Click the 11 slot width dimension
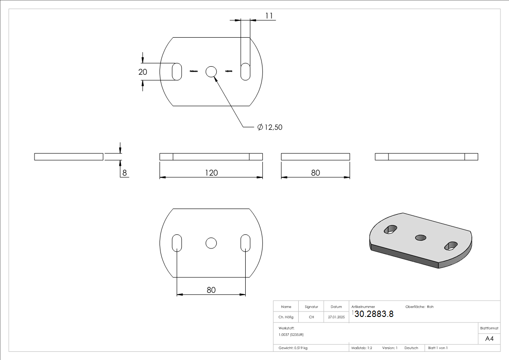pyautogui.click(x=269, y=16)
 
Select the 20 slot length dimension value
pyautogui.click(x=143, y=72)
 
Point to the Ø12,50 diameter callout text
pyautogui.click(x=270, y=127)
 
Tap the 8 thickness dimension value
pyautogui.click(x=123, y=173)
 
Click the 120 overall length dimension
pyautogui.click(x=211, y=173)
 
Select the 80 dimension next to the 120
pyautogui.click(x=315, y=173)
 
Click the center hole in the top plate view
pyautogui.click(x=211, y=72)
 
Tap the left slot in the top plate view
pyautogui.click(x=177, y=72)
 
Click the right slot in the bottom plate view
pyautogui.click(x=245, y=243)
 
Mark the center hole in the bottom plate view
pyautogui.click(x=211, y=243)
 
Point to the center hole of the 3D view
pyautogui.click(x=421, y=237)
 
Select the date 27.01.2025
pyautogui.click(x=336, y=317)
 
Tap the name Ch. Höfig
pyautogui.click(x=286, y=317)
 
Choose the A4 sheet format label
pyautogui.click(x=490, y=339)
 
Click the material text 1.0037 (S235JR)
pyautogui.click(x=291, y=335)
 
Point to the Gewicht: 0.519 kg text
pyautogui.click(x=293, y=348)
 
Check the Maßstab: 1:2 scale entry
pyautogui.click(x=362, y=348)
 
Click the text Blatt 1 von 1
pyautogui.click(x=438, y=348)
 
